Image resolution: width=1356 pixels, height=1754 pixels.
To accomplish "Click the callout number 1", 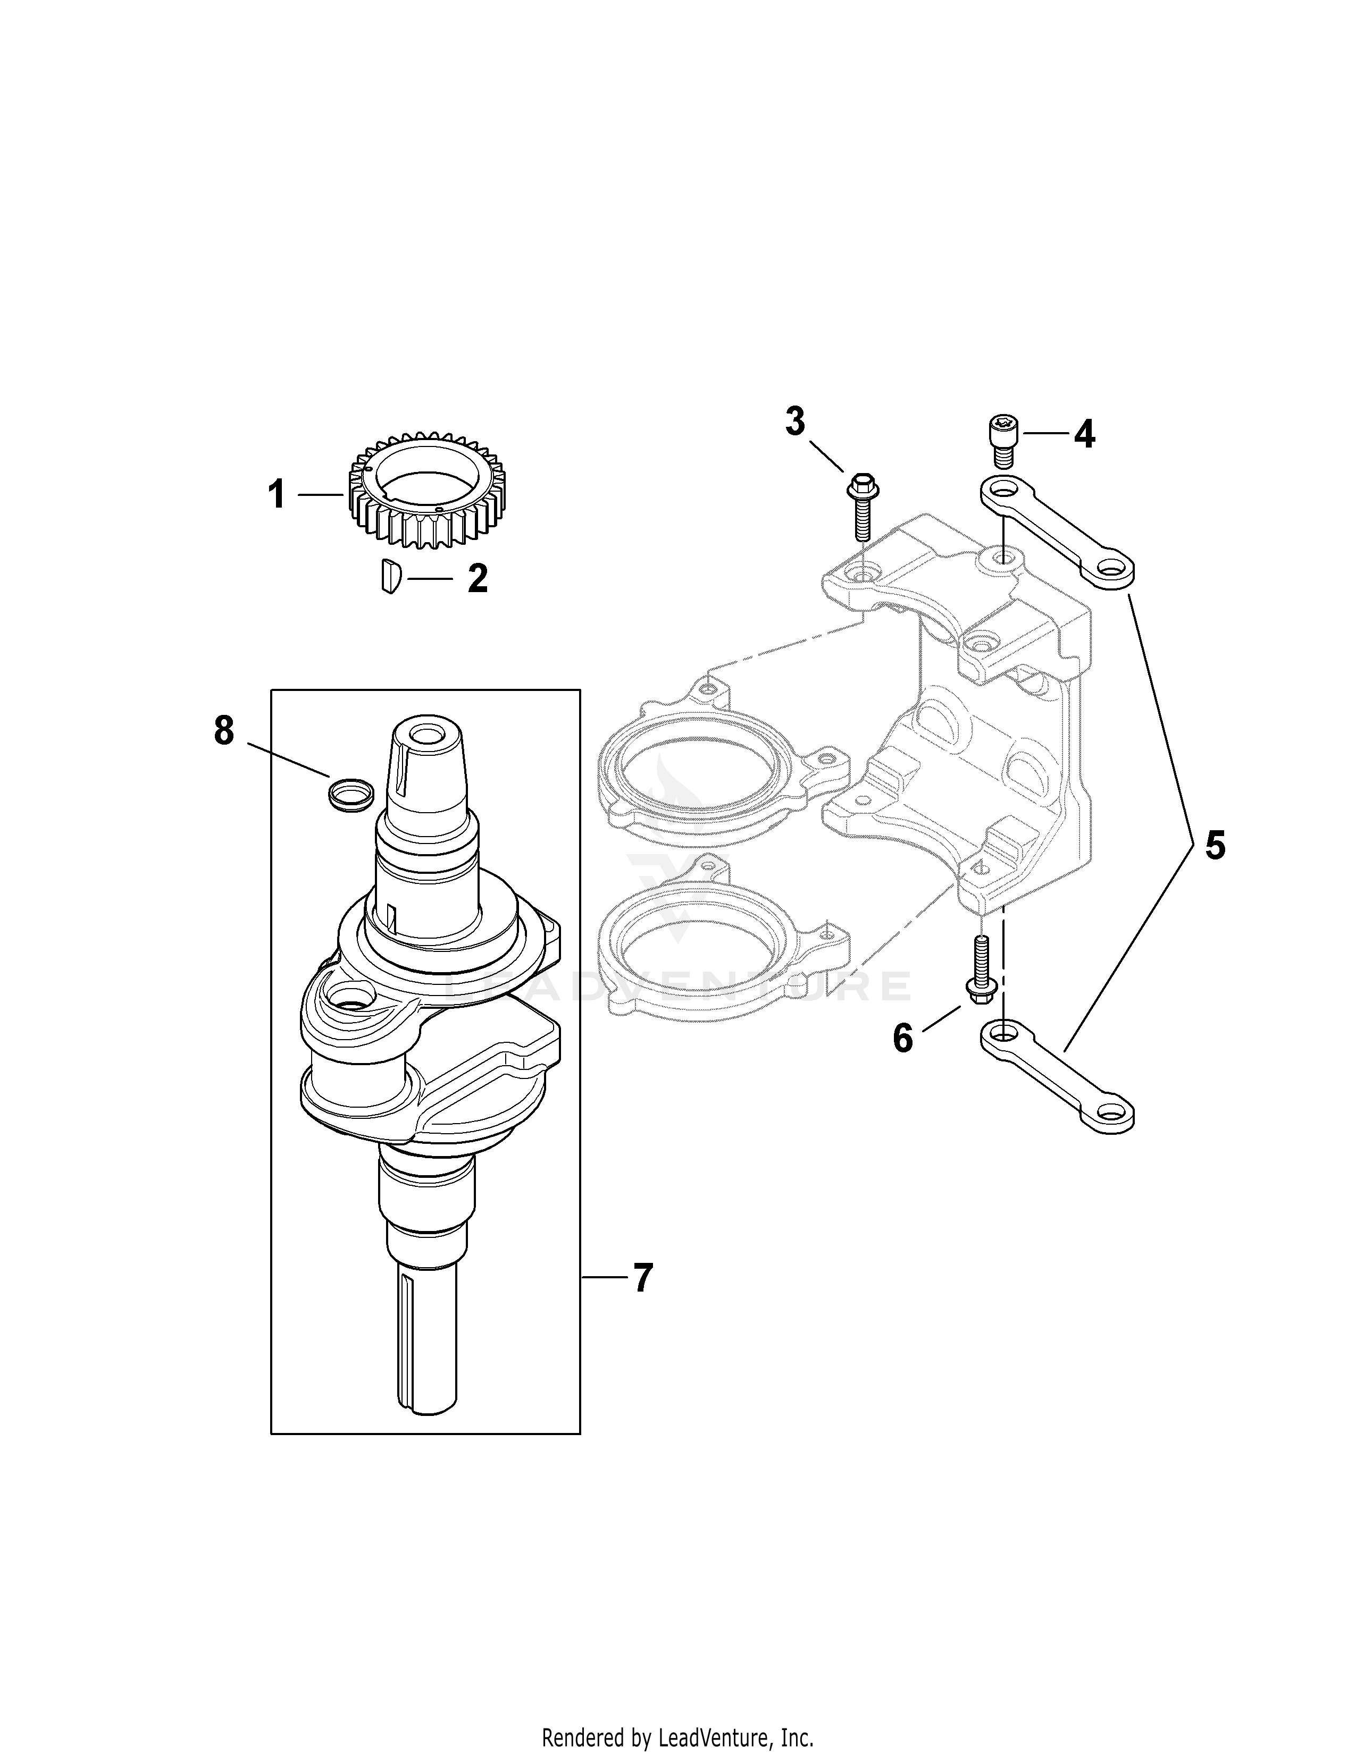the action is pos(277,495).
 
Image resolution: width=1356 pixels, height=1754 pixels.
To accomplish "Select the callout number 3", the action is pos(794,421).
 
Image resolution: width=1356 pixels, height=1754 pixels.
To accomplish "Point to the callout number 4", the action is pos(1084,434).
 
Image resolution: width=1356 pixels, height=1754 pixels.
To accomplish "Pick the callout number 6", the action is pos(903,1039).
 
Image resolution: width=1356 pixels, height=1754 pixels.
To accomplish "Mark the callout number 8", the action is pos(223,731).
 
